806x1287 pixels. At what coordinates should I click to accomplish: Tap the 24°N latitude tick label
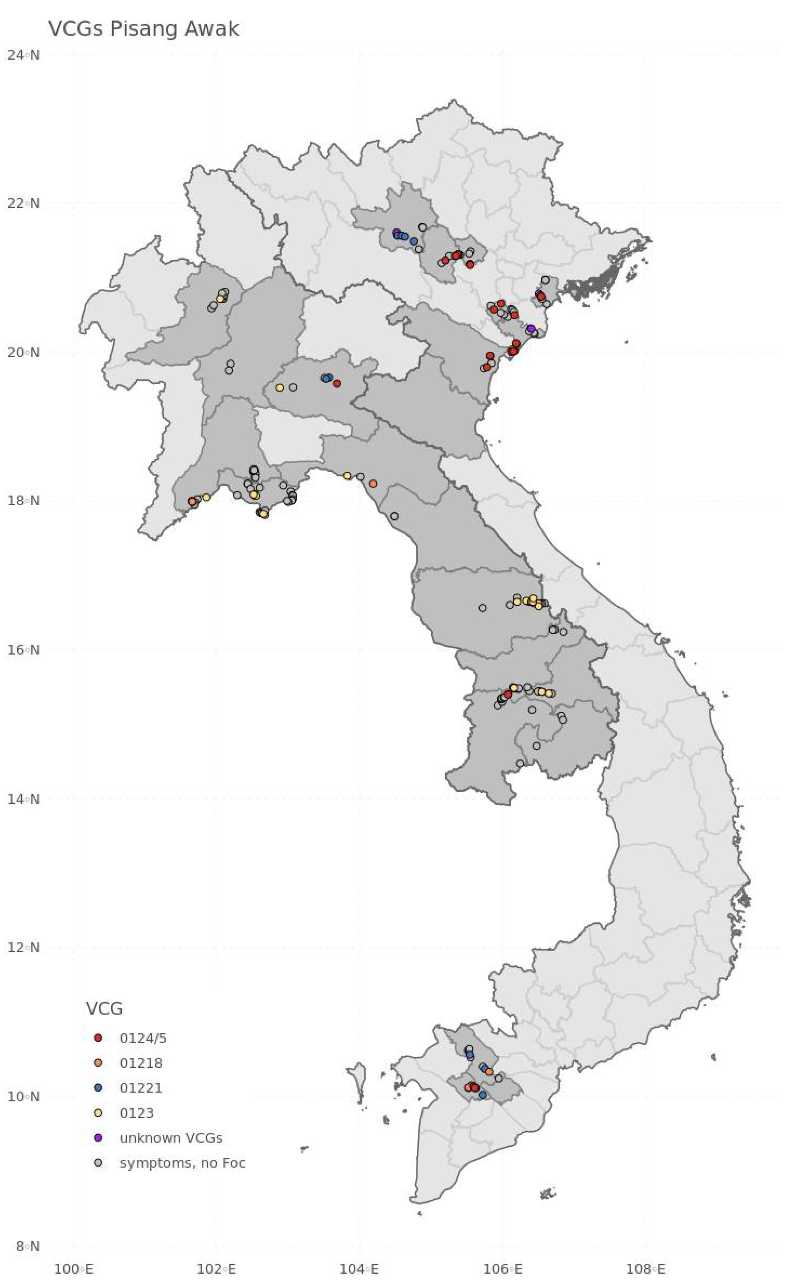point(23,54)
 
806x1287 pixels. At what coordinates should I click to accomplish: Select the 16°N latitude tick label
point(23,650)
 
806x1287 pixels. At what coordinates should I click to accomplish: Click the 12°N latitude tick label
point(23,947)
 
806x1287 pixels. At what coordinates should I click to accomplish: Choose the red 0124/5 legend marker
point(98,1038)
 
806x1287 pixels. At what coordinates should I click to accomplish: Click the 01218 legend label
point(141,1063)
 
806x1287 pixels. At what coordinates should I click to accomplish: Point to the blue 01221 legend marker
point(98,1088)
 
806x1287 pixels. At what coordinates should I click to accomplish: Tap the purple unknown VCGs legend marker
point(98,1138)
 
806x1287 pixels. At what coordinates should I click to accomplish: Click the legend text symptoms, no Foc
point(182,1163)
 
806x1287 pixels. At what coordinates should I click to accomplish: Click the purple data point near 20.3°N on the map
point(531,328)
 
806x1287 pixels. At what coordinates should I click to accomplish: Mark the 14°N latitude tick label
point(23,799)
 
